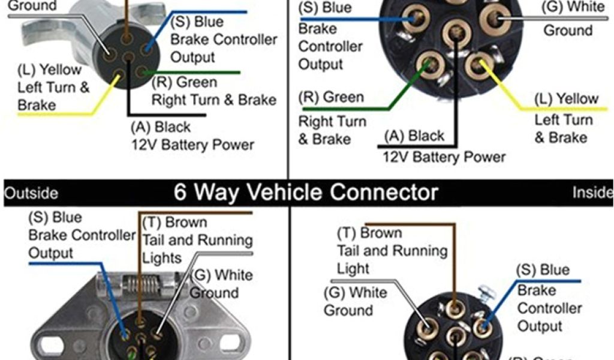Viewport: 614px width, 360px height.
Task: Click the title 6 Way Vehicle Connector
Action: [306, 193]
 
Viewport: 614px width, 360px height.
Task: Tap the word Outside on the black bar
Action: [31, 193]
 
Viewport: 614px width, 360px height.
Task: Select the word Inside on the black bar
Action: [592, 193]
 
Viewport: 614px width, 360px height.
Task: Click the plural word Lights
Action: [162, 258]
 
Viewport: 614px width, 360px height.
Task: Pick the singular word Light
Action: [354, 268]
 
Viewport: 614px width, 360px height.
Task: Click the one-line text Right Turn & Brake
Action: [213, 100]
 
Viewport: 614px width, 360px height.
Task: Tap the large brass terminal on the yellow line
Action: [478, 65]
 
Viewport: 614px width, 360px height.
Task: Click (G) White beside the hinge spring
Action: [221, 275]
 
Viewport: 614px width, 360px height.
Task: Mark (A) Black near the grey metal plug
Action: [160, 127]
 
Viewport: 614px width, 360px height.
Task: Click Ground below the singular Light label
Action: [348, 310]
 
